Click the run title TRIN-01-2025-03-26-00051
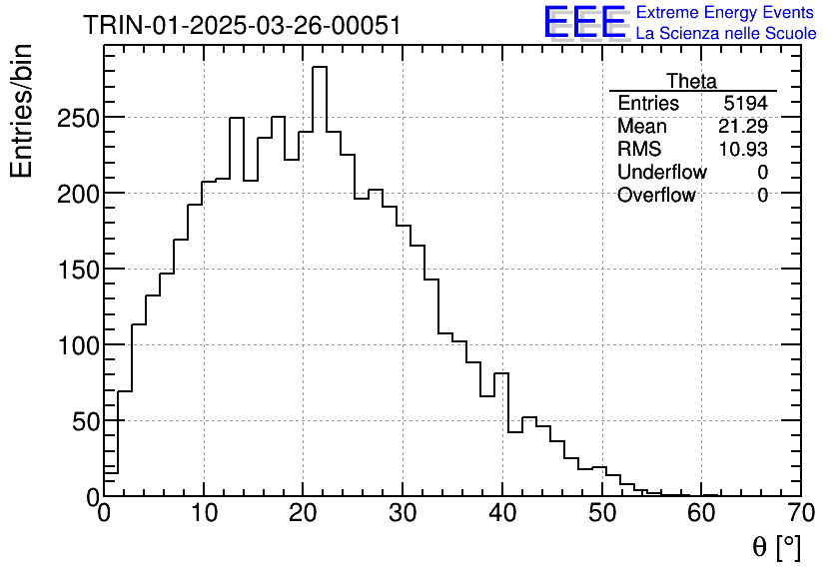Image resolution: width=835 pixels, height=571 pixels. point(242,26)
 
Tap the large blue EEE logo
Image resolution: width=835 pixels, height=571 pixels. point(585,22)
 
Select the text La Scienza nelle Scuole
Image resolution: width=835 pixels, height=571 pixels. point(726,34)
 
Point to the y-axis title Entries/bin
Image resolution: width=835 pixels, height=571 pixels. point(22,112)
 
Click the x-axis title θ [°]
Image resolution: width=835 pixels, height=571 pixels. point(775,546)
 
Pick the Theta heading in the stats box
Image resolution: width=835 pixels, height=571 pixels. point(691,82)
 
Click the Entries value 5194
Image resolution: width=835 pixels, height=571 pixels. point(746,104)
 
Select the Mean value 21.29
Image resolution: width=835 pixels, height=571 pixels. point(743,127)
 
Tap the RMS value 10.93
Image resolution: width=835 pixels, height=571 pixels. point(743,150)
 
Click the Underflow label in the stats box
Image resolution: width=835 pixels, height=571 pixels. point(661,173)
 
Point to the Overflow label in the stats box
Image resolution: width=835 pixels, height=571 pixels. point(655,196)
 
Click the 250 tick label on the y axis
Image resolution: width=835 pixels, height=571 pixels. point(77,118)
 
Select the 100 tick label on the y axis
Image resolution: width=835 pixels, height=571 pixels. point(77,345)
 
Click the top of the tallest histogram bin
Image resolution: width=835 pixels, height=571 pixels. point(320,68)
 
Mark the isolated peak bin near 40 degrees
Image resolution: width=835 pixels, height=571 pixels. point(501,374)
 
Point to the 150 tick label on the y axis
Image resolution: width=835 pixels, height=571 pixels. point(77,270)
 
